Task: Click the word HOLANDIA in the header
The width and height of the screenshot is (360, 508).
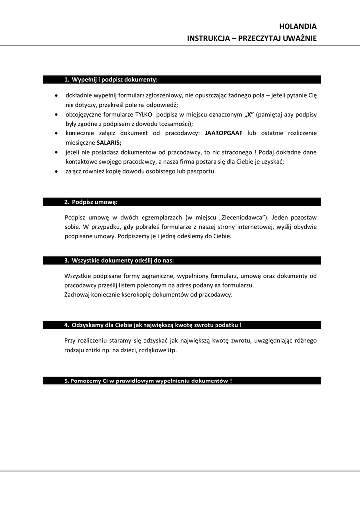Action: tap(297, 27)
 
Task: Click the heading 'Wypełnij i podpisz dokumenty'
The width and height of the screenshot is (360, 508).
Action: tap(115, 79)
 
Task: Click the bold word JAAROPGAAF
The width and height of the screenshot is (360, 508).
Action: tap(224, 133)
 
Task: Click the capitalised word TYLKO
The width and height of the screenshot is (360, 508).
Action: tap(144, 115)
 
